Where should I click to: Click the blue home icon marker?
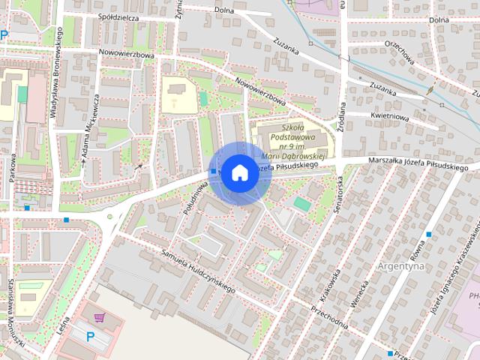(238, 172)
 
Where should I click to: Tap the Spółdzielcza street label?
(119, 15)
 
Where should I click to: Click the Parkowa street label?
(13, 169)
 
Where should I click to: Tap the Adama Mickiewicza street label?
(91, 129)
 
